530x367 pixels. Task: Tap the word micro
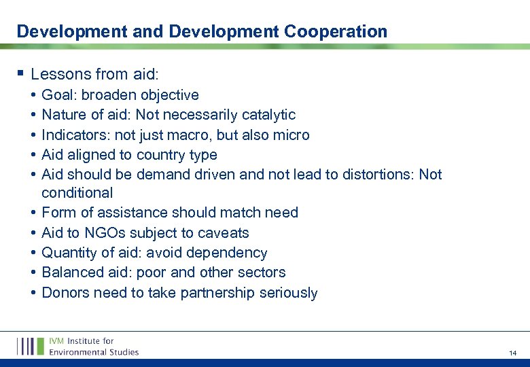coord(290,135)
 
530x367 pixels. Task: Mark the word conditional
coord(77,193)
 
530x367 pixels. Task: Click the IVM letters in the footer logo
coord(57,341)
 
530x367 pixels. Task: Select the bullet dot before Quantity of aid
coord(33,253)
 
